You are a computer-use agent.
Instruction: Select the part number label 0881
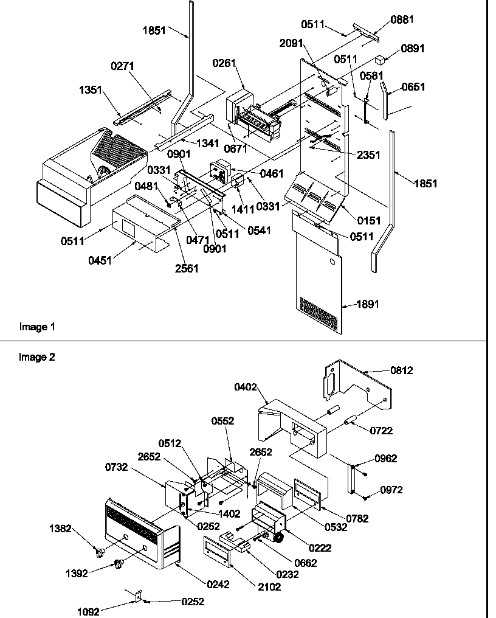[x=402, y=19]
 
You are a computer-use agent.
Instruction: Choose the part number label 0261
[x=224, y=63]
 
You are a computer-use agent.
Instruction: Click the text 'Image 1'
[x=37, y=327]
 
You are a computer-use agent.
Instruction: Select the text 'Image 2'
[x=37, y=358]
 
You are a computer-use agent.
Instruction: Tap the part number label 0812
[x=401, y=370]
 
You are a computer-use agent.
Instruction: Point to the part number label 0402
[x=246, y=387]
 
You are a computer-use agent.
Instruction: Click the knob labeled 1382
[x=100, y=552]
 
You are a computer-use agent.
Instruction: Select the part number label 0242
[x=218, y=585]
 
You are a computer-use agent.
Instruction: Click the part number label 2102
[x=269, y=587]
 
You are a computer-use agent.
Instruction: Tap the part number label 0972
[x=391, y=490]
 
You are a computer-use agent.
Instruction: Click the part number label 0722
[x=381, y=431]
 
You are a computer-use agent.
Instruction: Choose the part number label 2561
[x=186, y=268]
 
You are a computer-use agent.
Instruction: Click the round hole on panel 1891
[x=331, y=262]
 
